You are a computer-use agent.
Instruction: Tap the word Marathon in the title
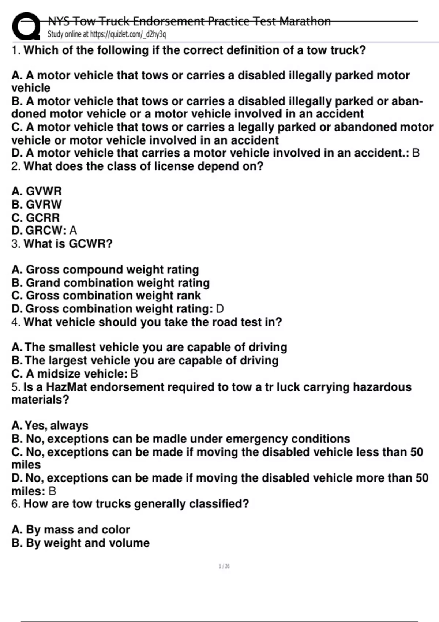point(305,21)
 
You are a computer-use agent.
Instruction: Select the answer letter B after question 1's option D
point(416,153)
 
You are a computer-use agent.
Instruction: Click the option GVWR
point(44,191)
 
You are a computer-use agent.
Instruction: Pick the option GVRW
point(44,204)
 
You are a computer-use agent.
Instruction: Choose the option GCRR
point(43,217)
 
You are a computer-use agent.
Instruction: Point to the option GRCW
point(44,230)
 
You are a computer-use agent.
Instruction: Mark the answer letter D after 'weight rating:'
point(220,309)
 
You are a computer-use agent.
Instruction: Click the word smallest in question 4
point(72,347)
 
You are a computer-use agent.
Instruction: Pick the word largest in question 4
point(68,360)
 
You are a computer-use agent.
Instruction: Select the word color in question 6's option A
point(116,529)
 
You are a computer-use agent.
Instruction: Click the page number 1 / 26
point(224,566)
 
